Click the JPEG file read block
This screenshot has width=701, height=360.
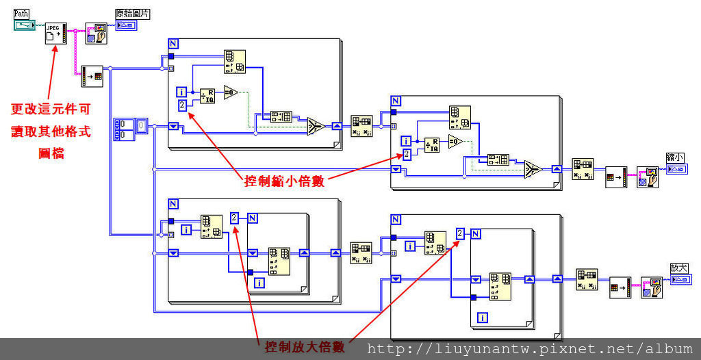(55, 33)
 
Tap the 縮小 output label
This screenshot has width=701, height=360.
(675, 157)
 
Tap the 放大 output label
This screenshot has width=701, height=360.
(679, 268)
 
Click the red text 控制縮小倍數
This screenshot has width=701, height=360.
(284, 181)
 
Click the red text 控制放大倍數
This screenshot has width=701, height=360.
(305, 347)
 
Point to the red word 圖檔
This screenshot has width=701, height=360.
(51, 153)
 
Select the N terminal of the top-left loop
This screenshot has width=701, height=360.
(173, 44)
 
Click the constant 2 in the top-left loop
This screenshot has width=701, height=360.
(183, 105)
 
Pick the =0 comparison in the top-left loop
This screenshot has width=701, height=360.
(230, 92)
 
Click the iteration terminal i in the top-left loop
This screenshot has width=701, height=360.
(181, 92)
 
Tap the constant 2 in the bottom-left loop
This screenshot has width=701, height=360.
(235, 218)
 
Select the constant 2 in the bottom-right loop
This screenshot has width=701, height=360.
(460, 233)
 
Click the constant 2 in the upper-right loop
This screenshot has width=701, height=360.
(407, 154)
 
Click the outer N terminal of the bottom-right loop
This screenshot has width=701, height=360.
(395, 220)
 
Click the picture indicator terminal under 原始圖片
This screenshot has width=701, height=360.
(127, 25)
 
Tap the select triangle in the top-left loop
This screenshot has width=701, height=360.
(316, 126)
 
